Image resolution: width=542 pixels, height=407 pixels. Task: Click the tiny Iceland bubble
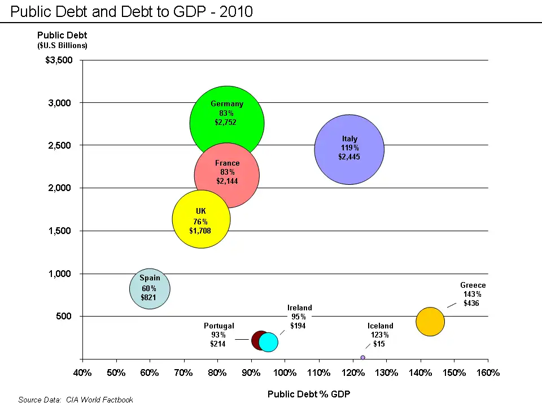pyautogui.click(x=362, y=357)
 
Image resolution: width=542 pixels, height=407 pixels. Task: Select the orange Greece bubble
pyautogui.click(x=430, y=322)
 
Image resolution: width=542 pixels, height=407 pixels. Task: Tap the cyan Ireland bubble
pyautogui.click(x=269, y=342)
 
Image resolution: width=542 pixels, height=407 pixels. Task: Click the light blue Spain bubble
pyautogui.click(x=150, y=289)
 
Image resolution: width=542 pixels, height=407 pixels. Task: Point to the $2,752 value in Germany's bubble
pyautogui.click(x=226, y=122)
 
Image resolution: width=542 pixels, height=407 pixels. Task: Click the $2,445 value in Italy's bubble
pyautogui.click(x=349, y=157)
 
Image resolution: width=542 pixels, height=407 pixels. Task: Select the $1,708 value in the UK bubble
pyautogui.click(x=200, y=231)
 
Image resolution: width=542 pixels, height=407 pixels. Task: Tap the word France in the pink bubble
pyautogui.click(x=227, y=163)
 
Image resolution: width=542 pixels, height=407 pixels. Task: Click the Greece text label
pyautogui.click(x=473, y=285)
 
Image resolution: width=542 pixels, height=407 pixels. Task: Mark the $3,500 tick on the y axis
pyautogui.click(x=59, y=60)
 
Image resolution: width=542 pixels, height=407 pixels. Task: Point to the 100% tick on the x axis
pyautogui.click(x=285, y=373)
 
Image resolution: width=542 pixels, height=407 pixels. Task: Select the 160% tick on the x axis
pyautogui.click(x=488, y=373)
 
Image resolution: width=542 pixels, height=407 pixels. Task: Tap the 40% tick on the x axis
pyautogui.click(x=82, y=373)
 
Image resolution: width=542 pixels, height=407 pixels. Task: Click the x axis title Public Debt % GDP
pyautogui.click(x=308, y=394)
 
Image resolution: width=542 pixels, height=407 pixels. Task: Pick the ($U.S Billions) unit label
pyautogui.click(x=62, y=45)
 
